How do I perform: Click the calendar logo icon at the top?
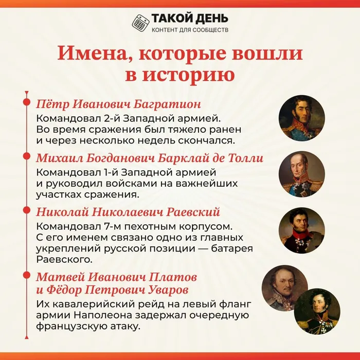pyautogui.click(x=140, y=23)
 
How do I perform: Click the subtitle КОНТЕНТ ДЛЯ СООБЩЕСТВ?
pyautogui.click(x=190, y=30)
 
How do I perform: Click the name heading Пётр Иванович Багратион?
pyautogui.click(x=118, y=104)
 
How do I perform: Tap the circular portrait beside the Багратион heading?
pyautogui.click(x=302, y=118)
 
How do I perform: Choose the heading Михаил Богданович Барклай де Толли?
pyautogui.click(x=150, y=158)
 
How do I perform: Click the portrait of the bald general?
pyautogui.click(x=302, y=174)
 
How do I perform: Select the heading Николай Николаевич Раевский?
pyautogui.click(x=128, y=212)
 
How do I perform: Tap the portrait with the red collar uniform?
pyautogui.click(x=302, y=230)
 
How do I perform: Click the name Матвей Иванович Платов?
pyautogui.click(x=117, y=277)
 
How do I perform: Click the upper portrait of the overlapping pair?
pyautogui.click(x=285, y=288)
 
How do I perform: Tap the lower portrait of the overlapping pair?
pyautogui.click(x=317, y=312)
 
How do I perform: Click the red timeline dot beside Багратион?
pyautogui.click(x=27, y=102)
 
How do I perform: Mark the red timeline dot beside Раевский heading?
pyautogui.click(x=27, y=210)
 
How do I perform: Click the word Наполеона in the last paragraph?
pyautogui.click(x=103, y=315)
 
